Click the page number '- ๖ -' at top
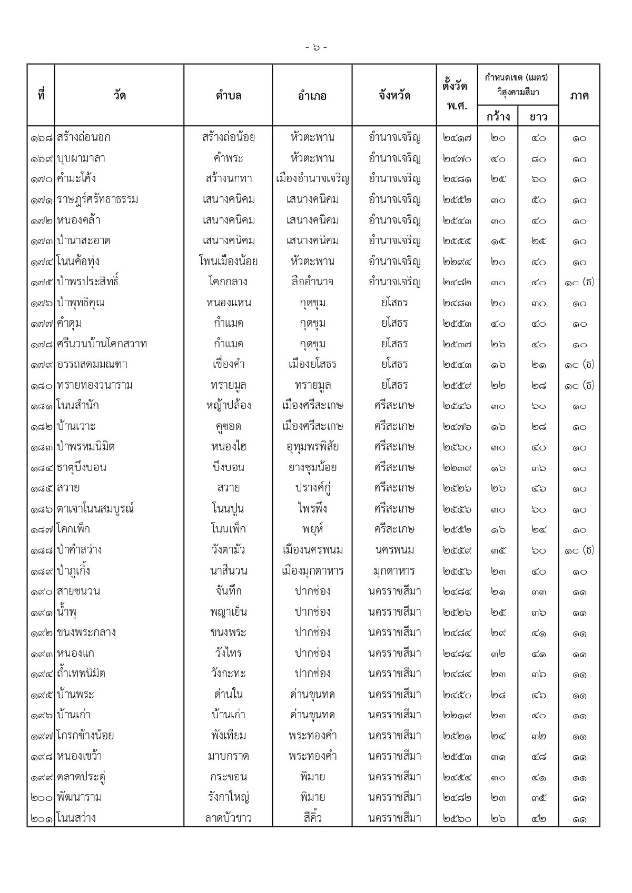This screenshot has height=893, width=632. click(x=316, y=48)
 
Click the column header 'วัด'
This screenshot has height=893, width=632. click(x=120, y=96)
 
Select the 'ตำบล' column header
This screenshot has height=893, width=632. click(x=228, y=96)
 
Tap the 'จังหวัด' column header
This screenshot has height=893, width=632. click(x=394, y=96)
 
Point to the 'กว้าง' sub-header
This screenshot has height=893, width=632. click(x=498, y=116)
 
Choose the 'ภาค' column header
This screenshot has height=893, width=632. click(x=579, y=96)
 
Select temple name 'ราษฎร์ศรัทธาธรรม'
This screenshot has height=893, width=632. click(x=97, y=199)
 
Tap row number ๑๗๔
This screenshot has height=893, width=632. click(x=42, y=262)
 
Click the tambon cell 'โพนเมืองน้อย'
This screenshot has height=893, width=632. click(x=228, y=262)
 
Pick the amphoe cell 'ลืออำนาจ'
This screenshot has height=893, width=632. click(x=312, y=282)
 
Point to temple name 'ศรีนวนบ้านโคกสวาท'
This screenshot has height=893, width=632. click(x=102, y=344)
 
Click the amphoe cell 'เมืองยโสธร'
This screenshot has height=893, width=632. click(x=312, y=365)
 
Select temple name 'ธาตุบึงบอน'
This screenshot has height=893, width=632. click(x=82, y=468)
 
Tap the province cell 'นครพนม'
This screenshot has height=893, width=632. click(x=394, y=550)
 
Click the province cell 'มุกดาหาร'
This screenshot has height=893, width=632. click(x=394, y=571)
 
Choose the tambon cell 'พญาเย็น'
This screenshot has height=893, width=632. click(x=228, y=612)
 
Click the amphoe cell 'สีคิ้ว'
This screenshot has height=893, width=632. click(x=312, y=818)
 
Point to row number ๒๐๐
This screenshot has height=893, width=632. click(x=42, y=798)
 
